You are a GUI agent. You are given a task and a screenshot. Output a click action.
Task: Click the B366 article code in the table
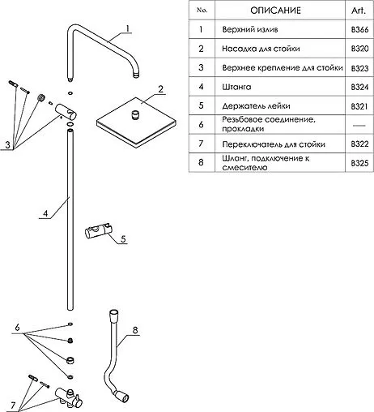coord(359,29)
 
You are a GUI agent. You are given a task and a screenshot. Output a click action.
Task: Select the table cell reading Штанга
coord(236,87)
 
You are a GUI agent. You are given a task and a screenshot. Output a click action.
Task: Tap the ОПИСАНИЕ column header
coord(275,11)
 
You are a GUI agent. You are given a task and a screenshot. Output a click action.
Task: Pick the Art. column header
coord(359,11)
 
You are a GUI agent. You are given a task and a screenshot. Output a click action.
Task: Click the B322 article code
coord(359,144)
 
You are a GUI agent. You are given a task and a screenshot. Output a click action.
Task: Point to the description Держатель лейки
coord(256,105)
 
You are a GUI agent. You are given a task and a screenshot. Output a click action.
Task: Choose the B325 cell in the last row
coord(359,163)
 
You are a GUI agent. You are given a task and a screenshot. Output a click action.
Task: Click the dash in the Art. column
coord(359,125)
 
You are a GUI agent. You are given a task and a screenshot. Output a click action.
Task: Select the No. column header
coord(202,11)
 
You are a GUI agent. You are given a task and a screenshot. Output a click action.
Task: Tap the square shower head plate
coord(136,122)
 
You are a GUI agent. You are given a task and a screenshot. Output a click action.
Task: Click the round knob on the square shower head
coord(135,114)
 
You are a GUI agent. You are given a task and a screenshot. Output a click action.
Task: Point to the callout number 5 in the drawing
coord(123,238)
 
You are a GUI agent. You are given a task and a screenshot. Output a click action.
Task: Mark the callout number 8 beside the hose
coord(135,330)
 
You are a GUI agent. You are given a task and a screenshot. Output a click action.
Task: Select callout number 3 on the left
coord(7,145)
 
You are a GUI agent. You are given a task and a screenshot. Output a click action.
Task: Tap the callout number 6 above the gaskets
coord(17,328)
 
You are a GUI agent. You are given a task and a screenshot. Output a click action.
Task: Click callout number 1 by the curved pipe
coord(128,28)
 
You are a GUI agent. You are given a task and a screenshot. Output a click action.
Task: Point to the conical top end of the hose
coord(113,315)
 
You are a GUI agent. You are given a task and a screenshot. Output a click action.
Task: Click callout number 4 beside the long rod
coord(45,213)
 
